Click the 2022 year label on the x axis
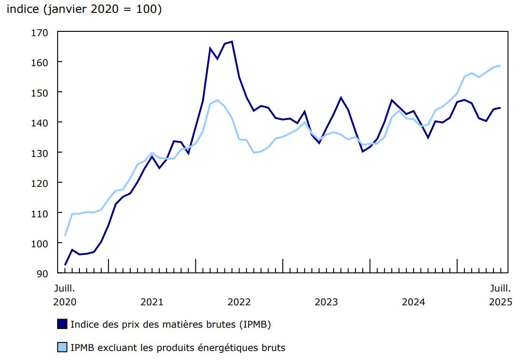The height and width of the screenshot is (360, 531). pyautogui.click(x=239, y=302)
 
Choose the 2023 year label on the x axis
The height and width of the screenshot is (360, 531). pyautogui.click(x=326, y=302)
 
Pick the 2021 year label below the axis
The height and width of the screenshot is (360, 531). pyautogui.click(x=152, y=302)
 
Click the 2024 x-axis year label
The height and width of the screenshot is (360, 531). pyautogui.click(x=413, y=302)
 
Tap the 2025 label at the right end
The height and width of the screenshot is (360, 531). pyautogui.click(x=501, y=302)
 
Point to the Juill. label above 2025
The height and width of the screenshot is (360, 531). pyautogui.click(x=501, y=288)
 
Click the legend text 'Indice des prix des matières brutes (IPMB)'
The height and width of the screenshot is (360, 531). pyautogui.click(x=171, y=324)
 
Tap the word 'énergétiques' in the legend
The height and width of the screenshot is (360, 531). pyautogui.click(x=223, y=348)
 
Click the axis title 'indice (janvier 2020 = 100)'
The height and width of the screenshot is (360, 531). pyautogui.click(x=84, y=10)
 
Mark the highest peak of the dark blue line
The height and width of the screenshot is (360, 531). pyautogui.click(x=232, y=42)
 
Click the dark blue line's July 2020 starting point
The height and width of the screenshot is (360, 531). pyautogui.click(x=65, y=265)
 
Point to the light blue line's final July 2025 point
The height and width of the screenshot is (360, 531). pyautogui.click(x=501, y=66)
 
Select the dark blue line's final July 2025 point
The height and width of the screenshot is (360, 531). pyautogui.click(x=501, y=107)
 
